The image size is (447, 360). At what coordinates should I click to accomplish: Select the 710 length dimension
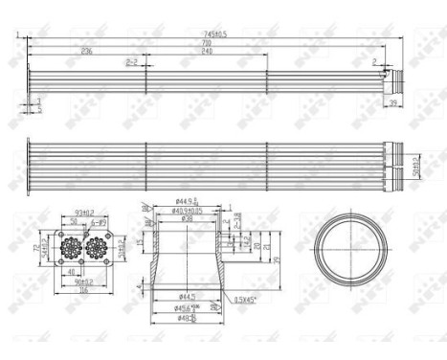point(205,43)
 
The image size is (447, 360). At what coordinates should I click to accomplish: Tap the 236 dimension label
point(87,51)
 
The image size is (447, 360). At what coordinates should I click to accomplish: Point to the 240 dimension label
point(207,51)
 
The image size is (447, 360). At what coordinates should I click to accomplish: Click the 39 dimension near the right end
point(392,102)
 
